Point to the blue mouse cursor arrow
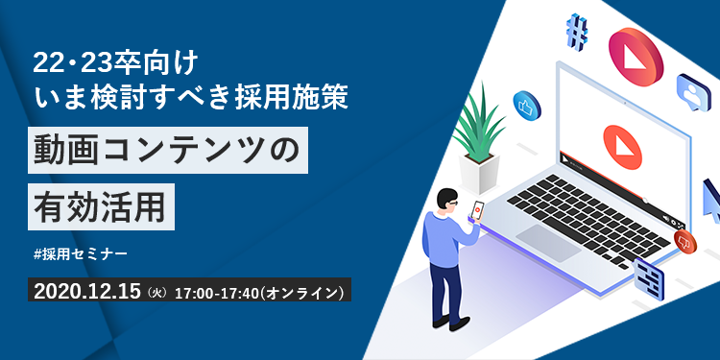point(711,200)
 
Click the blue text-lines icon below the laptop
point(650,277)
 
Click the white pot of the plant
point(481,175)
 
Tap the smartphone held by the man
point(477,208)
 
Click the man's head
point(447,201)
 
